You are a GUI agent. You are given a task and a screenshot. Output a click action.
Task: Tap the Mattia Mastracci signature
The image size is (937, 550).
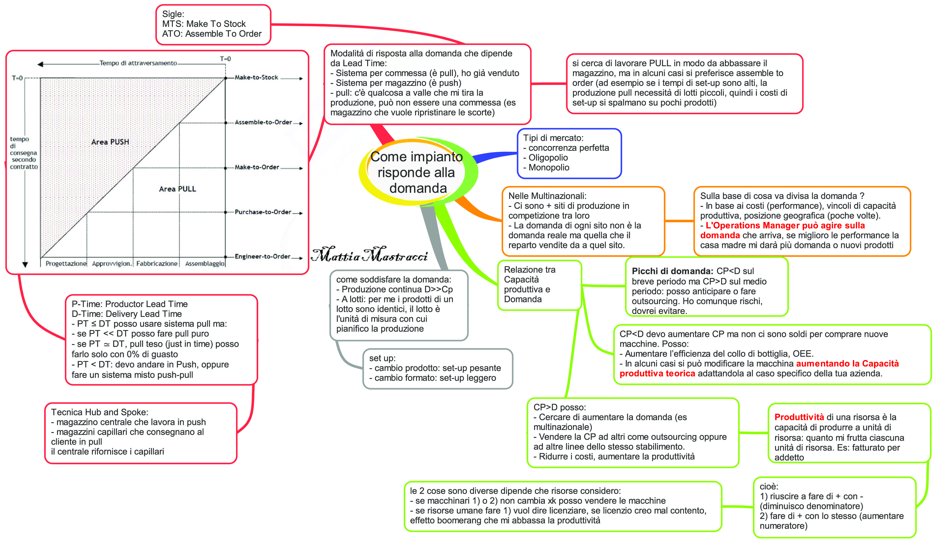(x=369, y=255)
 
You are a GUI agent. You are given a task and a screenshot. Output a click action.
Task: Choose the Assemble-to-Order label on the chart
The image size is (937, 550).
(x=263, y=122)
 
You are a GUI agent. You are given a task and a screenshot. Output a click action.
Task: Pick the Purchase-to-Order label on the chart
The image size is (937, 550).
(x=263, y=212)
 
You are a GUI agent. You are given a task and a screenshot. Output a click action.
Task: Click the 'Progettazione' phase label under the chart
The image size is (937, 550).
(x=66, y=263)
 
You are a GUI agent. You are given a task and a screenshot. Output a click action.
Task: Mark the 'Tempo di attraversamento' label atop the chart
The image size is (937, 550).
(x=138, y=63)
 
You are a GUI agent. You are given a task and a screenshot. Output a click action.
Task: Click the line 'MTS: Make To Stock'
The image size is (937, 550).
(x=204, y=24)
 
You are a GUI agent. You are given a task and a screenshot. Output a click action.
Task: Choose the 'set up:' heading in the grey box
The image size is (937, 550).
(x=382, y=358)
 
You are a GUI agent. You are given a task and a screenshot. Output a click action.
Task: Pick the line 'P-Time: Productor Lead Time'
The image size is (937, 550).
(x=129, y=304)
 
